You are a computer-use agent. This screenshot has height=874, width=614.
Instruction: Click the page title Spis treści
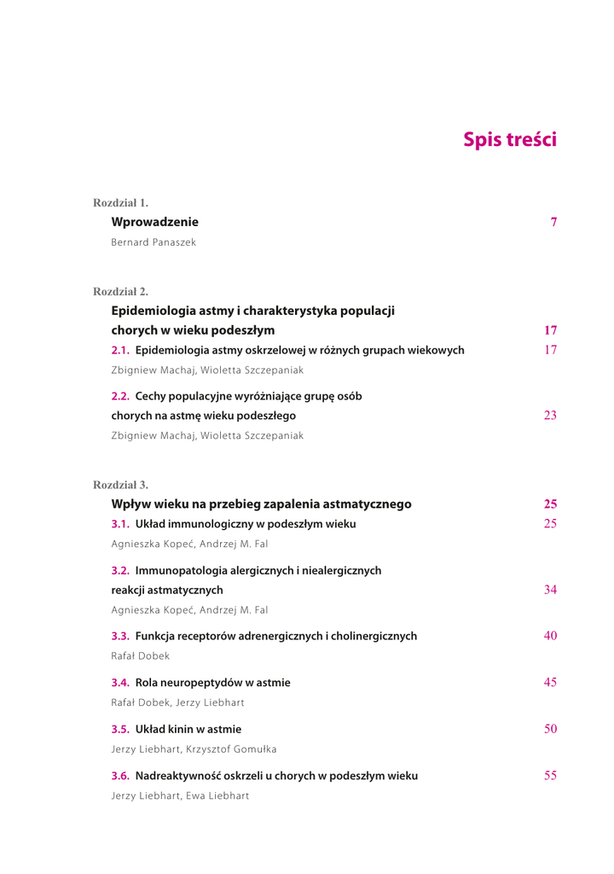point(509,139)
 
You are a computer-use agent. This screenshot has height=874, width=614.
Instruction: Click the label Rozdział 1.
point(120,203)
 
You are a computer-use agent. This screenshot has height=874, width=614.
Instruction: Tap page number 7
point(553,222)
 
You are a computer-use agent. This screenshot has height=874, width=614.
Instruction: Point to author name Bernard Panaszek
point(153,242)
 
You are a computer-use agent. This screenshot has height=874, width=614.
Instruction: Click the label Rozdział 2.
point(120,291)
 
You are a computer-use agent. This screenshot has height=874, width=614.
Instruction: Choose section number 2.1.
point(122,350)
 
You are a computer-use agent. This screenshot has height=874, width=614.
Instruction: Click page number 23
point(550,416)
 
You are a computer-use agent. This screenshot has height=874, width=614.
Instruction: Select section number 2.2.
point(122,396)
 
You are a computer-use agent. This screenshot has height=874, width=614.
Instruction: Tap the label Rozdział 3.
point(120,485)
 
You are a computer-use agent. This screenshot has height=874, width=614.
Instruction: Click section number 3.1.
point(122,524)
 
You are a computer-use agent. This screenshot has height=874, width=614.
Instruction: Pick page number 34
point(550,590)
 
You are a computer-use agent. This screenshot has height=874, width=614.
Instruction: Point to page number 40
point(550,636)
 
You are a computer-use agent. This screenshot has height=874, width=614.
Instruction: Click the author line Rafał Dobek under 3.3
point(141,656)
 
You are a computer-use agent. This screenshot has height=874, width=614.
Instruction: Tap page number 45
point(550,682)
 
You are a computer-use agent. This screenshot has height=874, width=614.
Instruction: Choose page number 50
point(550,729)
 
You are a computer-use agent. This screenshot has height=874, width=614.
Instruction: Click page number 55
point(550,776)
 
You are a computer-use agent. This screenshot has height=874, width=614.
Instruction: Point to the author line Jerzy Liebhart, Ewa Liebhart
point(180,796)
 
